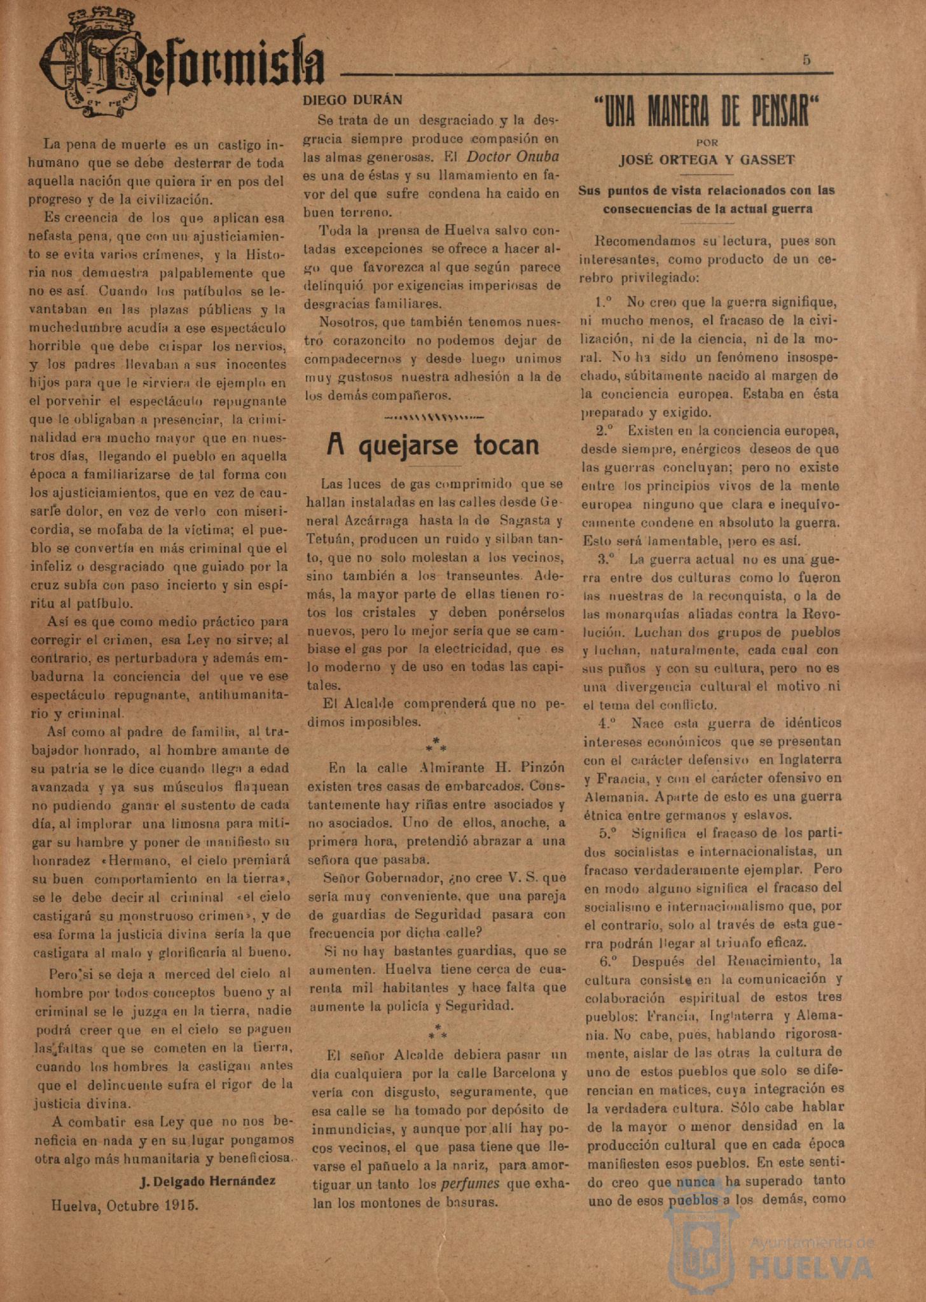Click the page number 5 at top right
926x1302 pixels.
pyautogui.click(x=806, y=60)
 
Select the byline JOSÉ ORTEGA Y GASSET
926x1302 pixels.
pyautogui.click(x=707, y=160)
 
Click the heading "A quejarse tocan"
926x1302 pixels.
pyautogui.click(x=432, y=445)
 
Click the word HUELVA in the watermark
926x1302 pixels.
pyautogui.click(x=812, y=1267)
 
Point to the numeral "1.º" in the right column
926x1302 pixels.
pyautogui.click(x=604, y=301)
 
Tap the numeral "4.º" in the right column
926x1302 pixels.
pyautogui.click(x=607, y=723)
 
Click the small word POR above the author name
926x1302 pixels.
pyautogui.click(x=707, y=143)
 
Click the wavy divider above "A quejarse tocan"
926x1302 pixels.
pyautogui.click(x=434, y=418)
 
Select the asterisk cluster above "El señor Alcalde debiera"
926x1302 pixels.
pyautogui.click(x=438, y=1032)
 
